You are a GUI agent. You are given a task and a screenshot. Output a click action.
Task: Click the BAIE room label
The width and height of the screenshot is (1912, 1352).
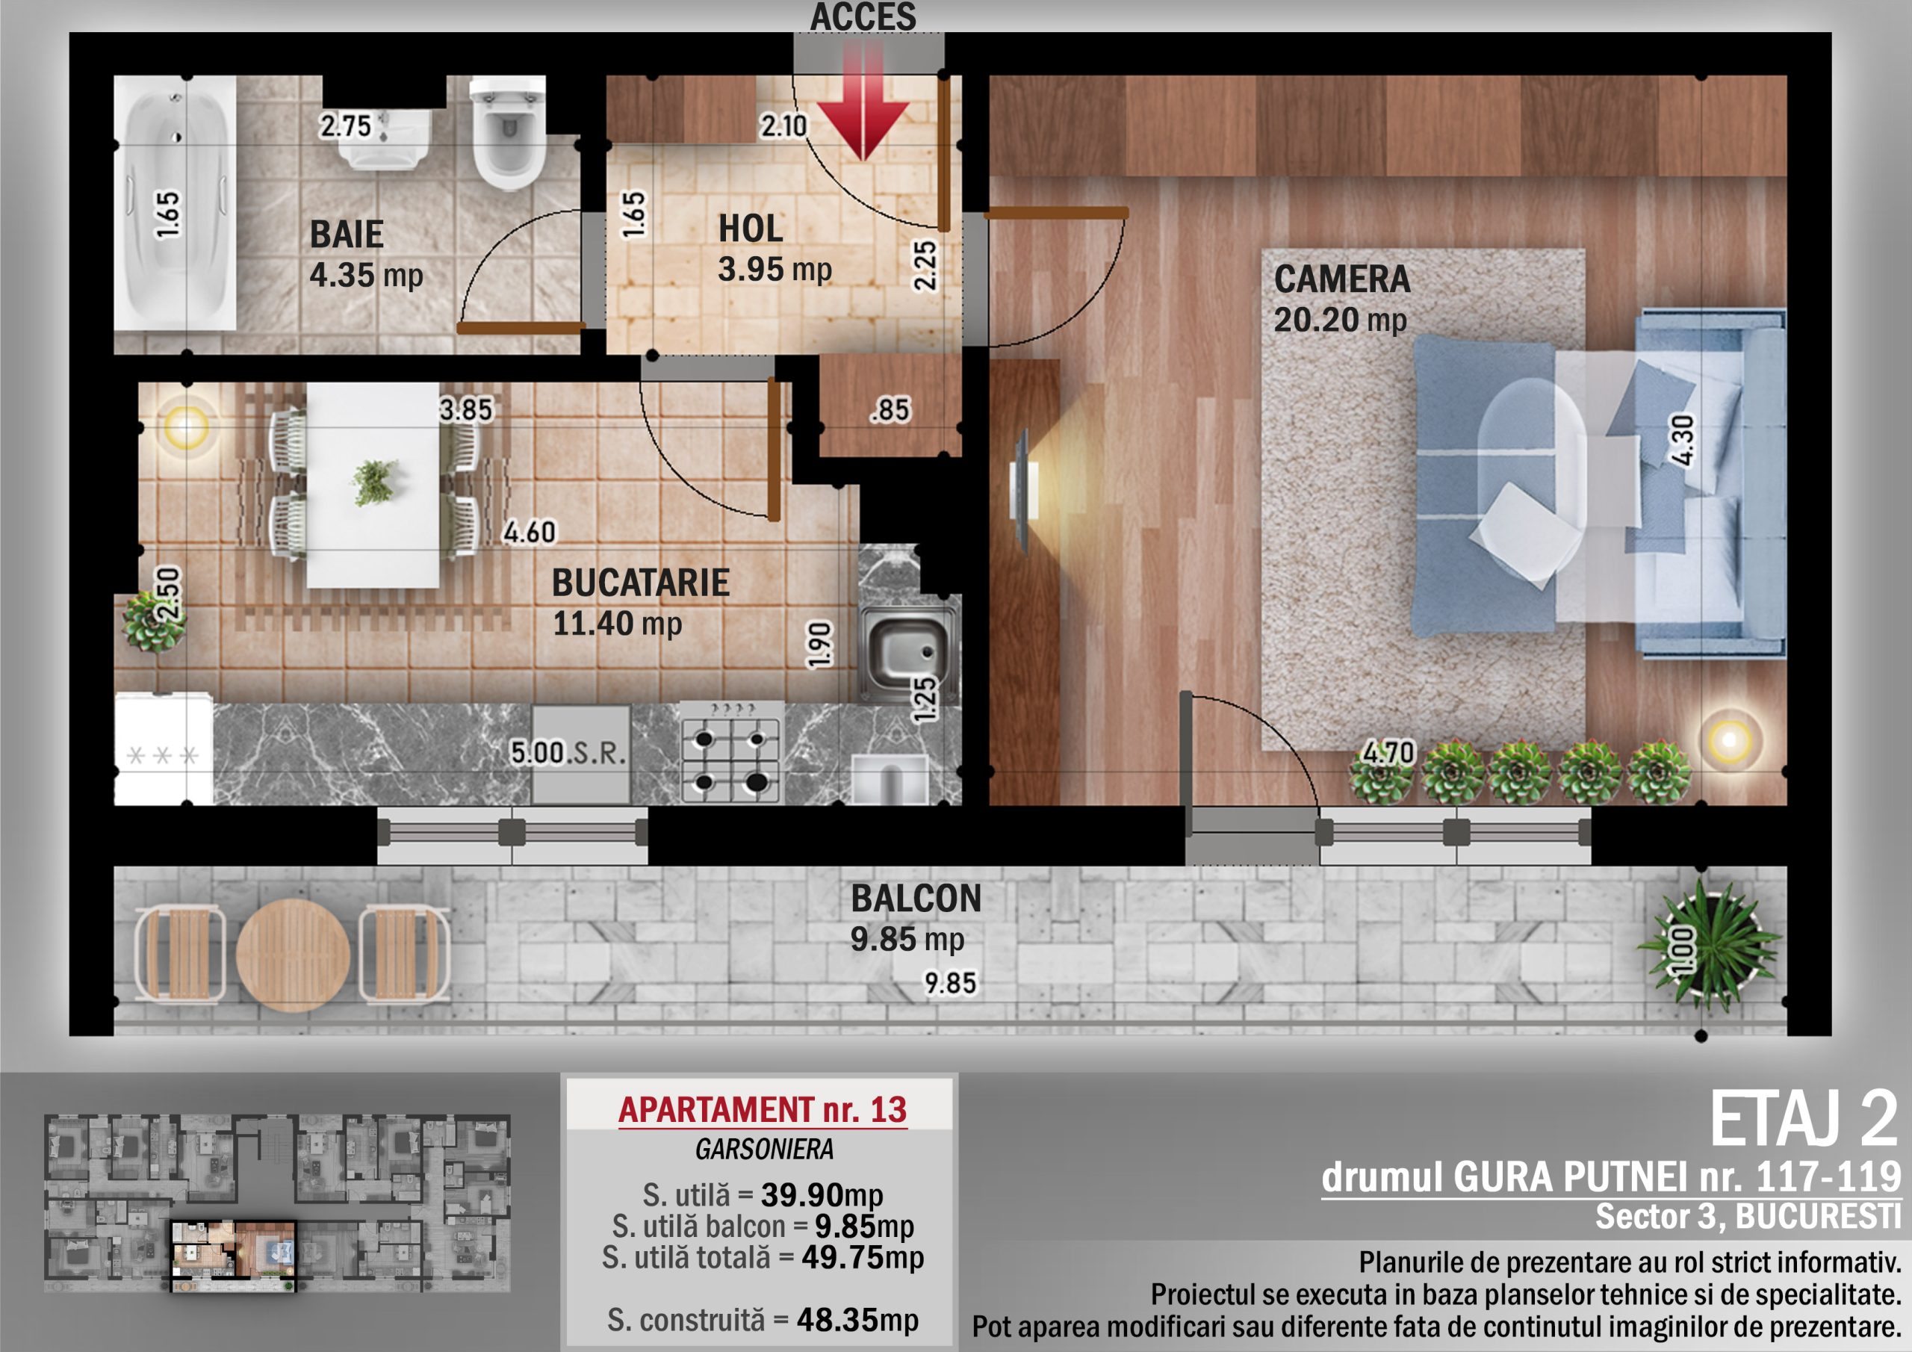pos(347,234)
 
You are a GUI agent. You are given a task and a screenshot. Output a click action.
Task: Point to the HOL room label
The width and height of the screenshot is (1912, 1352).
pos(751,229)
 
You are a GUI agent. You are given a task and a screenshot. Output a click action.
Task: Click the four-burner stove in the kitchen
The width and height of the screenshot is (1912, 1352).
pos(731,752)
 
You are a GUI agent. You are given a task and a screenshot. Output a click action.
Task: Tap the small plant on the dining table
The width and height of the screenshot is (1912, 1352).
pos(373,483)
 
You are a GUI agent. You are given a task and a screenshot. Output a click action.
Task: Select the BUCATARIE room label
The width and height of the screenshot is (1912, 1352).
pos(640,583)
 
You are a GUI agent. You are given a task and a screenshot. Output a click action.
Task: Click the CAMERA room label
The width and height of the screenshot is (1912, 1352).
pos(1342,279)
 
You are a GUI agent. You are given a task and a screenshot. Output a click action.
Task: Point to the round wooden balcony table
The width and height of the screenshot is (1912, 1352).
pos(292,955)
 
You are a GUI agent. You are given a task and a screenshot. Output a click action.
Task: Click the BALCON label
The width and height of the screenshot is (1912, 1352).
pos(916,898)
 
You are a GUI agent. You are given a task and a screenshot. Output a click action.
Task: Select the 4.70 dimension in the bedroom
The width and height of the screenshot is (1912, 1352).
pos(1388,753)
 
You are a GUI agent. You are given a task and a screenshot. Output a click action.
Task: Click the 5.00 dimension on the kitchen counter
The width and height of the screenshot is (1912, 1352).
pos(537,752)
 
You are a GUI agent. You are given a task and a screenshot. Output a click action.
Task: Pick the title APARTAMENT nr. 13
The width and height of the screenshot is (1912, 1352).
pos(762,1109)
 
